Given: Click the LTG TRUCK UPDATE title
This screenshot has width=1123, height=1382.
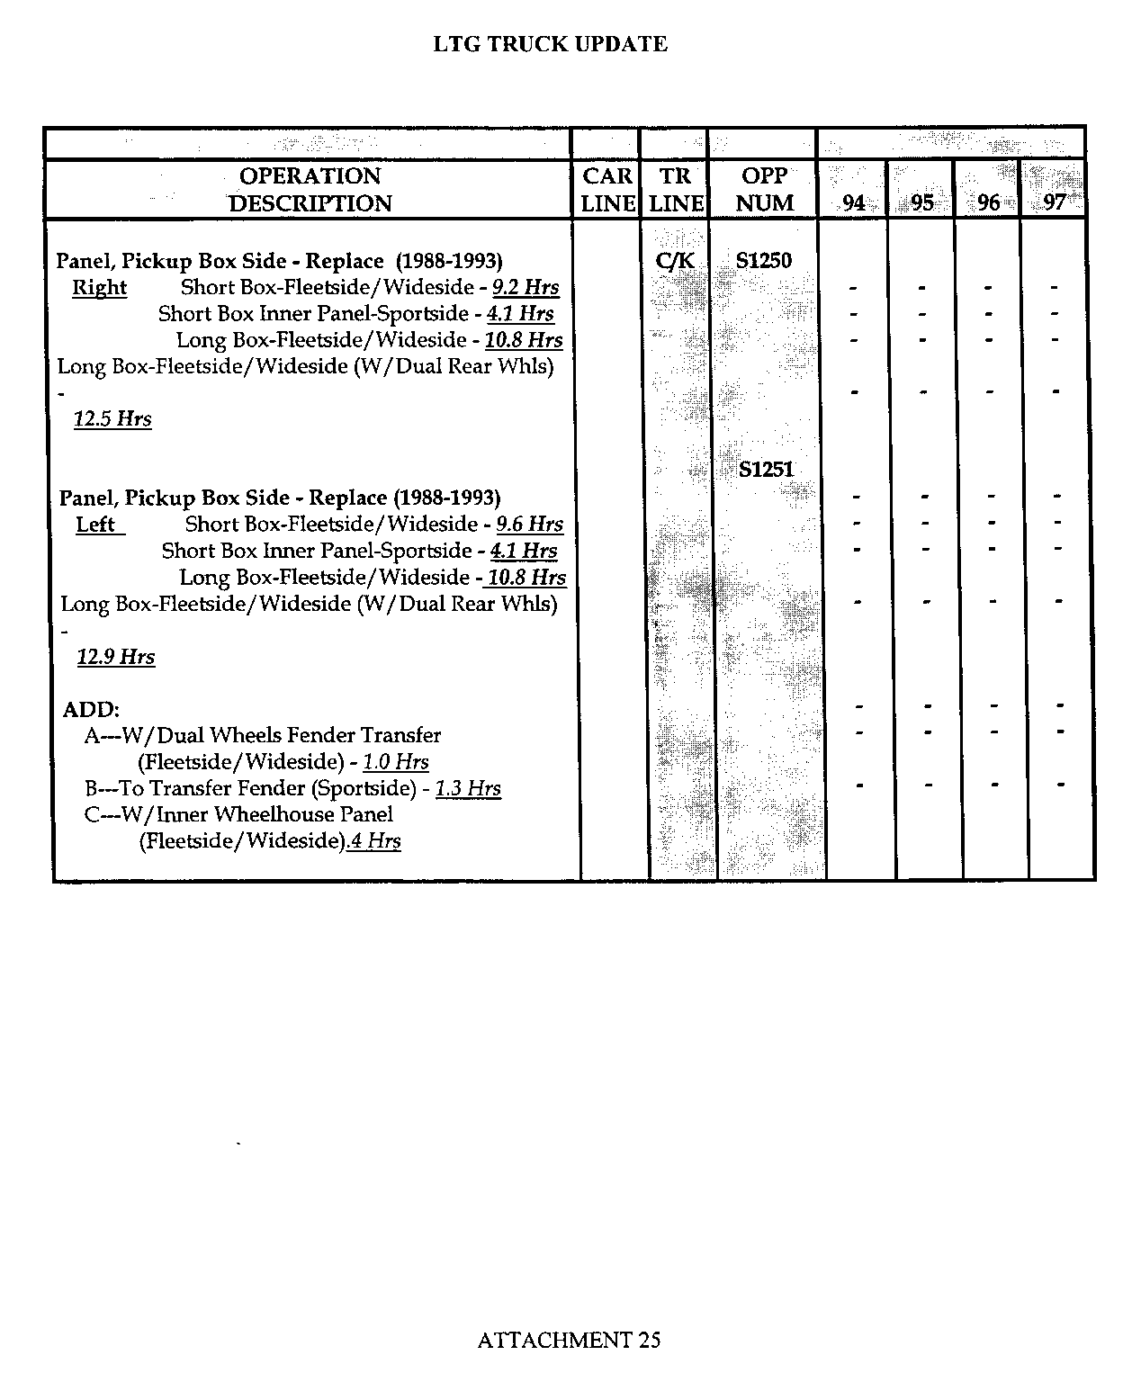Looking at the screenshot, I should tap(550, 44).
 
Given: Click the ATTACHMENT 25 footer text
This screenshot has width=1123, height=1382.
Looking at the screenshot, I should tap(569, 1340).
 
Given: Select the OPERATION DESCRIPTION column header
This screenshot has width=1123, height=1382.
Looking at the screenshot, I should tap(310, 189).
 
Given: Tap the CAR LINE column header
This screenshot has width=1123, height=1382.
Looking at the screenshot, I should tap(607, 189).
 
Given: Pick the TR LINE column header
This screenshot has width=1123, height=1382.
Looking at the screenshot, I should tap(675, 189).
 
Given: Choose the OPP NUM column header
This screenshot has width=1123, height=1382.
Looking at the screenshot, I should tap(764, 189).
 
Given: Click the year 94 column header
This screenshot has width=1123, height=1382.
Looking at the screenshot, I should tap(853, 202).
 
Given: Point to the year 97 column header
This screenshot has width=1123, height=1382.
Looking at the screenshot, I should tap(1055, 202).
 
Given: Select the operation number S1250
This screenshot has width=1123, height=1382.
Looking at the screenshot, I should tap(763, 261).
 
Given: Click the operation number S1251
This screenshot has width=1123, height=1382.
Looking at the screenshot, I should tap(766, 469).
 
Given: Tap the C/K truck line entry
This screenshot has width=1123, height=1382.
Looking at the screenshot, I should tap(675, 261).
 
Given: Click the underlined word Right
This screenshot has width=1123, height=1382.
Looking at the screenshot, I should tap(99, 288).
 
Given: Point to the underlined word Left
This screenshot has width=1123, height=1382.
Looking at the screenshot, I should tap(96, 525).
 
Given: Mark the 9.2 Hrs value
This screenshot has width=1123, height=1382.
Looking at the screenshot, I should tap(526, 288).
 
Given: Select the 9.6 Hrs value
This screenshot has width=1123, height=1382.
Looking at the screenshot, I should tap(530, 525).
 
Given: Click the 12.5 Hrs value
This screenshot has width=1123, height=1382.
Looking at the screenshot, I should tap(112, 419).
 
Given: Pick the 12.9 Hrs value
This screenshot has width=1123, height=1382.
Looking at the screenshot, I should tap(116, 657).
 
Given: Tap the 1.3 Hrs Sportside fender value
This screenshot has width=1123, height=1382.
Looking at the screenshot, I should tap(468, 789).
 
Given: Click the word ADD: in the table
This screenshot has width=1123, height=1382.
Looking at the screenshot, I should tap(91, 709).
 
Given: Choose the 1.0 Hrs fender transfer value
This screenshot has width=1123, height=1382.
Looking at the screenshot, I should tap(396, 762).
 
